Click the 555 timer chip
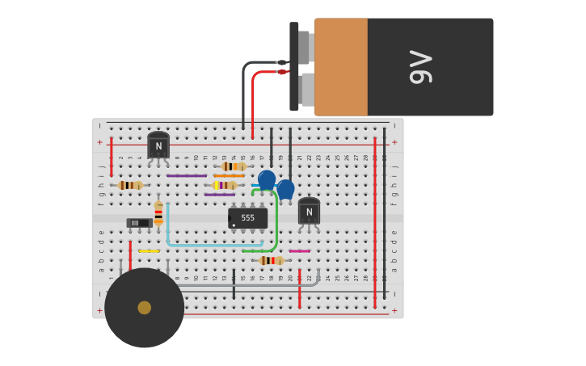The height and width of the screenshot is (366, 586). pos(247,218)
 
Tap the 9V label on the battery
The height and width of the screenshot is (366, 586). pos(421,67)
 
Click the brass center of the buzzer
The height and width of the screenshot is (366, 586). pos(144,308)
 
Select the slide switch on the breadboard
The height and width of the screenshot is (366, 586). pos(139,222)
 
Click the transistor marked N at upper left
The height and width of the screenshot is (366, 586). pos(158,146)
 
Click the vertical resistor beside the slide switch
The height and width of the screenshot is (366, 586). pos(158,212)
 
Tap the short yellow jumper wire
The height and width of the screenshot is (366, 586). pos(149,251)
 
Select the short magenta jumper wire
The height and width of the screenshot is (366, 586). pos(299,251)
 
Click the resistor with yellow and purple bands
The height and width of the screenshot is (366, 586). pos(224,185)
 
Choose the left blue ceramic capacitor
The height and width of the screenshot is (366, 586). pos(266,179)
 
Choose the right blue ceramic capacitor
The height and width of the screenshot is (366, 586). pos(285,189)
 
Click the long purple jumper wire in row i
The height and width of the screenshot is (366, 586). pos(187,175)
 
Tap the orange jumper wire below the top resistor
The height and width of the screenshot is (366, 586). pos(229,175)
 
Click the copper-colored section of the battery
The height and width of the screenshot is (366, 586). pos(340,67)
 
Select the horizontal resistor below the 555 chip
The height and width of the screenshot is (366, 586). pos(271,260)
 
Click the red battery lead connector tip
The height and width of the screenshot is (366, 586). pos(281,72)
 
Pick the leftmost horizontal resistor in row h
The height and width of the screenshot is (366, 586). pos(129,185)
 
